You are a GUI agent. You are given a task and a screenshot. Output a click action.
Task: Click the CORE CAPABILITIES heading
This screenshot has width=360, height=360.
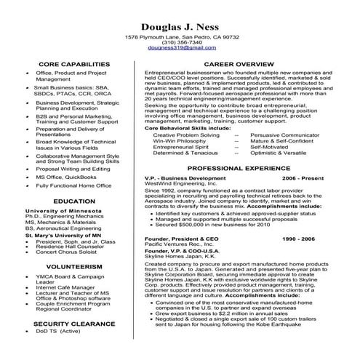coord(70,64)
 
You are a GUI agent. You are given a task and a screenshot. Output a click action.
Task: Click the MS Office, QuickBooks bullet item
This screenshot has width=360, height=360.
coord(67,177)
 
